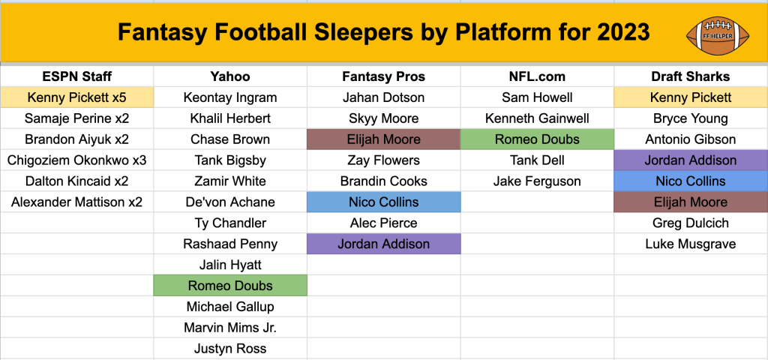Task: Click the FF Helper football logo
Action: pyautogui.click(x=718, y=36)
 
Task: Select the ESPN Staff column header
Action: pyautogui.click(x=77, y=76)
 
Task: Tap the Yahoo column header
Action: pyautogui.click(x=230, y=76)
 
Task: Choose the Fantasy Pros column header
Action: pyautogui.click(x=383, y=76)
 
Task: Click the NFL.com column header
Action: pyautogui.click(x=537, y=76)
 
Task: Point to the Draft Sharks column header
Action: pyautogui.click(x=691, y=76)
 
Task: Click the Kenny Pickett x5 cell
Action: pyautogui.click(x=77, y=97)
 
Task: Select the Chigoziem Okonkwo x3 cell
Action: pyautogui.click(x=77, y=160)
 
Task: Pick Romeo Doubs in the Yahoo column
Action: pyautogui.click(x=230, y=286)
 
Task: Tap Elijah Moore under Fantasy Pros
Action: pyautogui.click(x=383, y=139)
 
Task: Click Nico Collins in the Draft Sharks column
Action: pyautogui.click(x=691, y=181)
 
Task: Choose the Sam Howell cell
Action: pyautogui.click(x=537, y=97)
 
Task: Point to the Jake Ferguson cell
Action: pyautogui.click(x=537, y=181)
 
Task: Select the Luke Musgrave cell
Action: pyautogui.click(x=691, y=244)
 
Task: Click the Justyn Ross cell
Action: pyautogui.click(x=230, y=349)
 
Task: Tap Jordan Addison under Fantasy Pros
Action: pyautogui.click(x=383, y=244)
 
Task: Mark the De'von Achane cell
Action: pyautogui.click(x=230, y=202)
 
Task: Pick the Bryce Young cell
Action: pyautogui.click(x=691, y=118)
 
